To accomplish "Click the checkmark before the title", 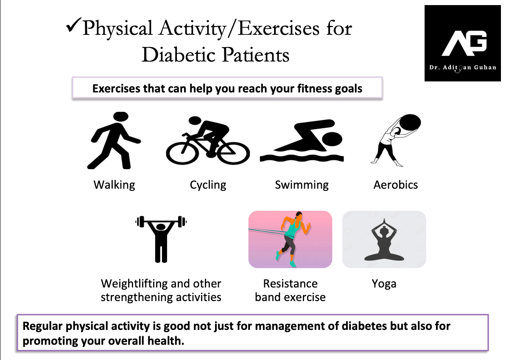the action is click(73, 25).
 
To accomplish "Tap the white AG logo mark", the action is click(464, 43).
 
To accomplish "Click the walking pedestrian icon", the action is click(114, 140).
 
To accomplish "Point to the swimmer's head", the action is click(332, 139).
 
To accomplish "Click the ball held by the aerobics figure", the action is click(410, 123).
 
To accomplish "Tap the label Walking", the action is click(114, 185).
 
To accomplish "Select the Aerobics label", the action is click(396, 185).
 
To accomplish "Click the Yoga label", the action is click(384, 284).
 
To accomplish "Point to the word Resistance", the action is click(290, 284).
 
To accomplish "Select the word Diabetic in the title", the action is click(179, 55).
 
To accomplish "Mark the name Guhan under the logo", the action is click(485, 67).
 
